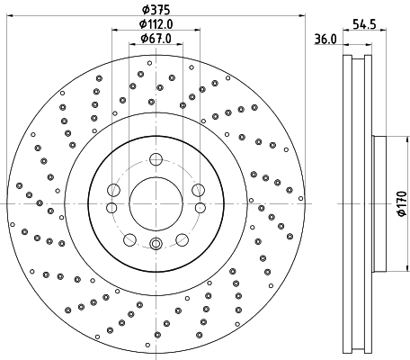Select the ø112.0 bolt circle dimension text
pos(156,24)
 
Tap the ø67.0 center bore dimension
pos(156,39)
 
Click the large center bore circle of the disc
pos(156,202)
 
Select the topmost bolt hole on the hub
pos(156,160)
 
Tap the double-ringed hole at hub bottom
pos(156,243)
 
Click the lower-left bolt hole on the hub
pos(129,239)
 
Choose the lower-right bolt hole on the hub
pos(182,239)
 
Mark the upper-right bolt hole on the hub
pos(198,189)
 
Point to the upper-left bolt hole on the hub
pos(113,189)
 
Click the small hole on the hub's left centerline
pos(111,208)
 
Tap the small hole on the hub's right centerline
pos(200,208)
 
